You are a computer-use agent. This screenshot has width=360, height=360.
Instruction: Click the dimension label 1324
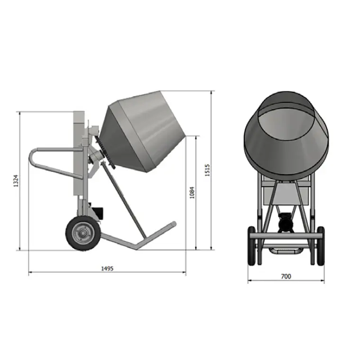[15, 181]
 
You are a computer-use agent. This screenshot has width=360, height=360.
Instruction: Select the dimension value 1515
[207, 170]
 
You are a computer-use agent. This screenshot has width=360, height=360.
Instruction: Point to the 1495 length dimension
[108, 268]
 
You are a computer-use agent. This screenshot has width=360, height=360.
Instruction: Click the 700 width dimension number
[286, 276]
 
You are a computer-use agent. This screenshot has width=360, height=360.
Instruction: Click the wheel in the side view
[83, 233]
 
